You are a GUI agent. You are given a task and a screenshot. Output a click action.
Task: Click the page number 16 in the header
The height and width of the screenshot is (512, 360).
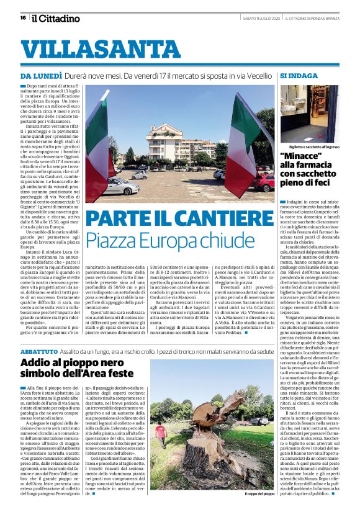[x=22, y=17]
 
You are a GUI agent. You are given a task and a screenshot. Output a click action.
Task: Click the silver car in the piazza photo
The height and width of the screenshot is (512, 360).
[x=122, y=184]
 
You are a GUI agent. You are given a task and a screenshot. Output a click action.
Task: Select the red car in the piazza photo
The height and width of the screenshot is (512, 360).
[x=264, y=184]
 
